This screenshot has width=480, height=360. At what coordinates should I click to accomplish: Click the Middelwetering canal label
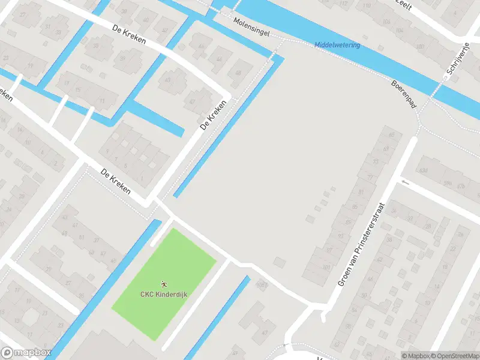(337, 46)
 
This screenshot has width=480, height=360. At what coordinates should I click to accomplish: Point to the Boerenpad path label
(403, 95)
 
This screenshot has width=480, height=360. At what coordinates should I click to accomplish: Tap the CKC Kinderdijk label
(163, 294)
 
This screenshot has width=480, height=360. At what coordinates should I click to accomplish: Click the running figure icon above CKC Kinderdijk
(163, 283)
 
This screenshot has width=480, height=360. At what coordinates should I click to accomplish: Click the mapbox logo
(26, 353)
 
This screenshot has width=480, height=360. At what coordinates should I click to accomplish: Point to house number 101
(326, 267)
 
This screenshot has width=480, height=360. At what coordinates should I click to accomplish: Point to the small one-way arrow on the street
(406, 181)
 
